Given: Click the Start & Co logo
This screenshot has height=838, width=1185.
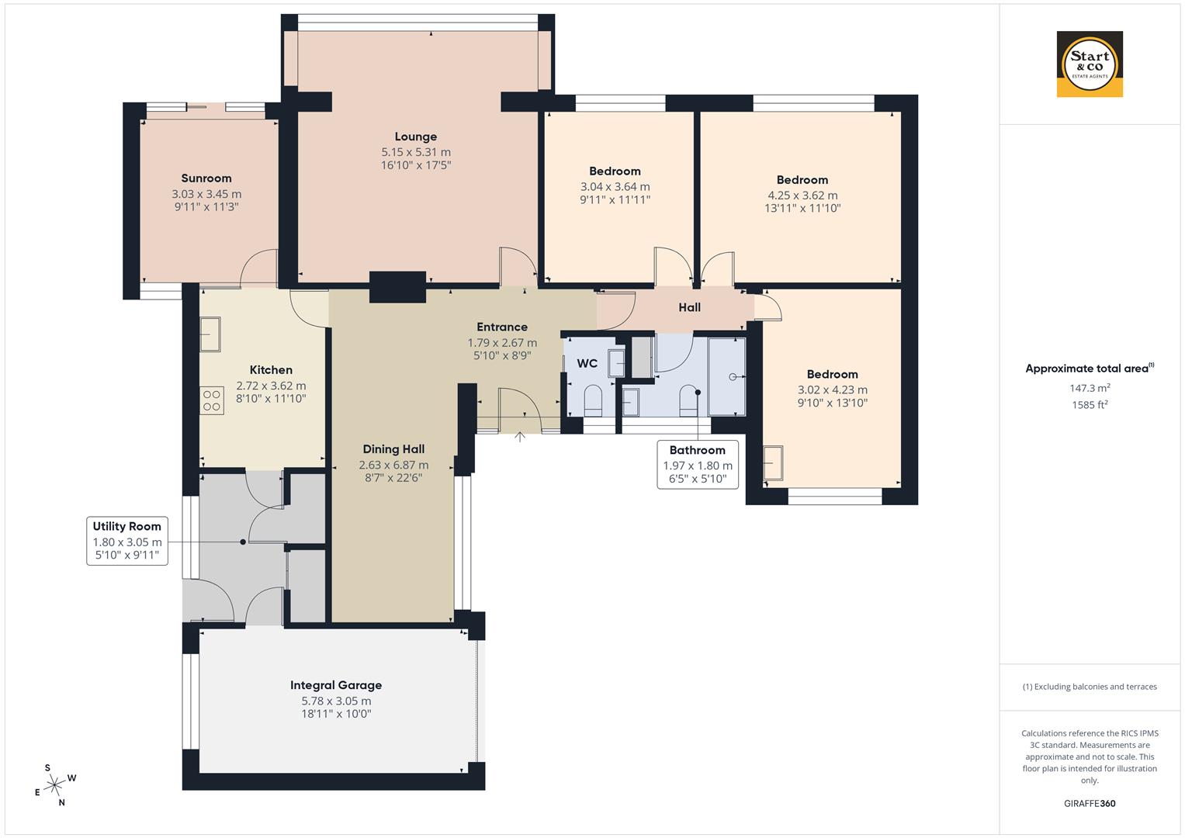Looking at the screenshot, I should pyautogui.click(x=1090, y=64).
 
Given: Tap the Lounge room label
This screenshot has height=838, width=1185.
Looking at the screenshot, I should pyautogui.click(x=415, y=137).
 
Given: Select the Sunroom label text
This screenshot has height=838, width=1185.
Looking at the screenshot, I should pyautogui.click(x=206, y=178).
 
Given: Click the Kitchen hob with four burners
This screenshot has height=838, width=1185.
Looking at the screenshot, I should pyautogui.click(x=211, y=400).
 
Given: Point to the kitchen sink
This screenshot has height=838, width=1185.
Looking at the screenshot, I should pyautogui.click(x=210, y=334).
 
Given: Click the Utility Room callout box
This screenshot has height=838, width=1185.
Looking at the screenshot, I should pyautogui.click(x=127, y=541).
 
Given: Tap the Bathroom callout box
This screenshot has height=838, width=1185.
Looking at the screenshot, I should pyautogui.click(x=697, y=463).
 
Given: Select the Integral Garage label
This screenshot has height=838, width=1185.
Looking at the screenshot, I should pyautogui.click(x=336, y=685).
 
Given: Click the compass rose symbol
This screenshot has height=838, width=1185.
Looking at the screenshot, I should pyautogui.click(x=54, y=785).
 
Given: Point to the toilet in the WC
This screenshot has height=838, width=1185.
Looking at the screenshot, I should pyautogui.click(x=593, y=398).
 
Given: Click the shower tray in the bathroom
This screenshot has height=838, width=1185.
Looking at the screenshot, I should pyautogui.click(x=726, y=376).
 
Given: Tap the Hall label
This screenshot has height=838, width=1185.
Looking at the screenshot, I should pyautogui.click(x=689, y=307).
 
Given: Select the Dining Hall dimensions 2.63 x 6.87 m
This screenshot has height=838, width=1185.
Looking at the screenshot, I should pyautogui.click(x=393, y=465).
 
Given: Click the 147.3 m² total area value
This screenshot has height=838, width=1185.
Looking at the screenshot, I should pyautogui.click(x=1090, y=388).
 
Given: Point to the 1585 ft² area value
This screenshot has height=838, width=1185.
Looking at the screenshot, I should pyautogui.click(x=1090, y=404).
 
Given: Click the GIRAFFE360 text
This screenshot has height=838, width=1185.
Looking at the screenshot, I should pyautogui.click(x=1090, y=803).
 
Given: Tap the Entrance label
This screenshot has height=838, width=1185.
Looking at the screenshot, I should pyautogui.click(x=502, y=327).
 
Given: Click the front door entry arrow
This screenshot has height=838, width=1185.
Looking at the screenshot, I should pyautogui.click(x=520, y=437).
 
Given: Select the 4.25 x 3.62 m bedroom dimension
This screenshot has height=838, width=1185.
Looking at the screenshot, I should pyautogui.click(x=802, y=196).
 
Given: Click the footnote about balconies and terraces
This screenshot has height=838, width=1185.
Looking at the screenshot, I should pyautogui.click(x=1090, y=687).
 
